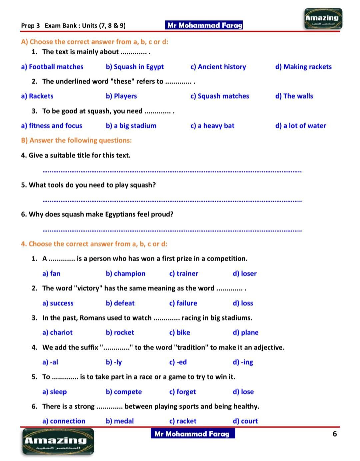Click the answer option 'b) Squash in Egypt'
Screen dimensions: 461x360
(135, 67)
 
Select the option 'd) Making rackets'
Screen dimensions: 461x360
(303, 67)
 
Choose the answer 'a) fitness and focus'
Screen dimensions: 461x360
(51, 126)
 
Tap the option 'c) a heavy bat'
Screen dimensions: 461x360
(212, 126)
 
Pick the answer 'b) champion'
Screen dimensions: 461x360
(125, 273)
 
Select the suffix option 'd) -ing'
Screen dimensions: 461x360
(243, 362)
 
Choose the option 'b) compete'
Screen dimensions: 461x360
(124, 392)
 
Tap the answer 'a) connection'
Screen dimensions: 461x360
(64, 421)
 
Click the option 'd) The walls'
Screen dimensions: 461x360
(294, 96)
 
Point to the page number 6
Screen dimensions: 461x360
(335, 434)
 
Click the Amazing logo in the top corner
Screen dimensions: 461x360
(323, 19)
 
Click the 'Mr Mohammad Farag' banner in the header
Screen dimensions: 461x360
(204, 25)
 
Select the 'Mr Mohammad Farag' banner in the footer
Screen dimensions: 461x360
(192, 434)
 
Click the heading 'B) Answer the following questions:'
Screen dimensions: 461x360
(76, 140)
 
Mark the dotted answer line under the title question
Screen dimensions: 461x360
(172, 172)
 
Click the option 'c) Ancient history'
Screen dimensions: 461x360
(218, 67)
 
